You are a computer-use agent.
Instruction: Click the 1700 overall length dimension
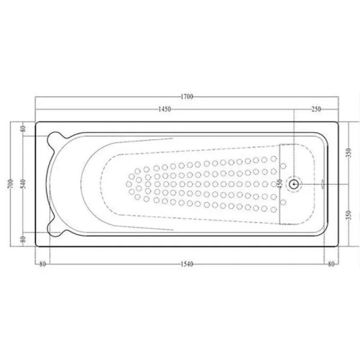click(x=187, y=97)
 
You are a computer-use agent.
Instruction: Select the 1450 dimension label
click(x=164, y=109)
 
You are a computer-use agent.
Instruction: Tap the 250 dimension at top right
click(x=316, y=109)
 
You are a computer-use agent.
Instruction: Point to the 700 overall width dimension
click(x=11, y=184)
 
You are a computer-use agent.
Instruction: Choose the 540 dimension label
click(x=23, y=184)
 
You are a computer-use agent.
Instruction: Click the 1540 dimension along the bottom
click(x=187, y=264)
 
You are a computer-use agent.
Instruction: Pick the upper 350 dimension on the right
click(x=349, y=152)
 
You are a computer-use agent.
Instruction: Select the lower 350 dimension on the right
click(x=349, y=215)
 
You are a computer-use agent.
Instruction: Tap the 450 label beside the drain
click(x=280, y=184)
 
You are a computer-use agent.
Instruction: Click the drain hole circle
click(x=293, y=184)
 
